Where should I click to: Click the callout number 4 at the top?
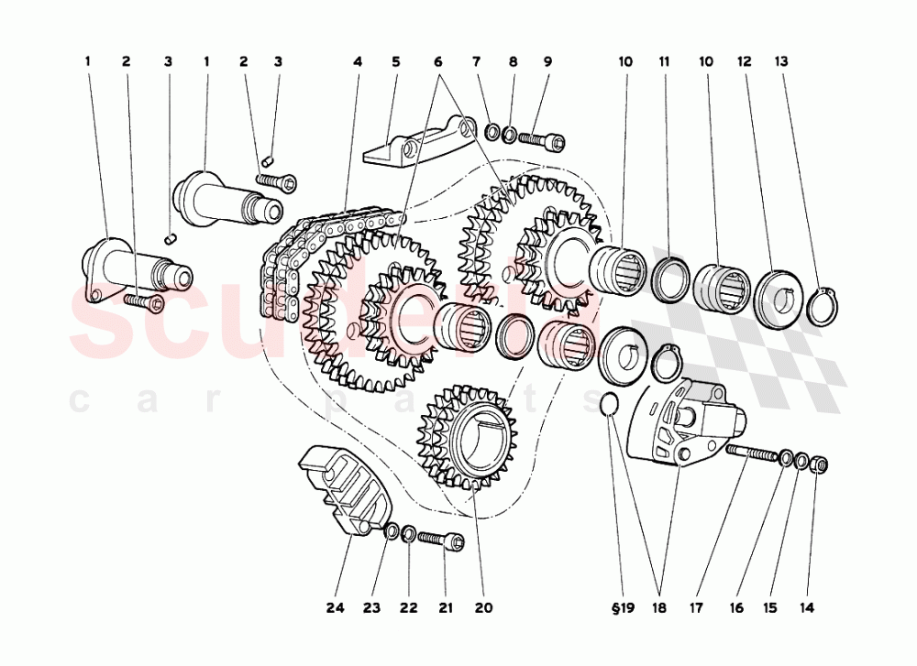pos(357,62)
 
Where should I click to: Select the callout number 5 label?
pos(396,62)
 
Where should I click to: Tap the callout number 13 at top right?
pos(781,62)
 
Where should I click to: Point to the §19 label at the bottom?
pos(622,606)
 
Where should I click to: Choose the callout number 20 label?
pos(483,606)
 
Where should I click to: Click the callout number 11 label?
pos(664,62)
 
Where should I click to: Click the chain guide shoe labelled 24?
pos(345,486)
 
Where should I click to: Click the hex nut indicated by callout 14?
pos(822,464)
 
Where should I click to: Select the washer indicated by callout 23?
pos(391,530)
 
